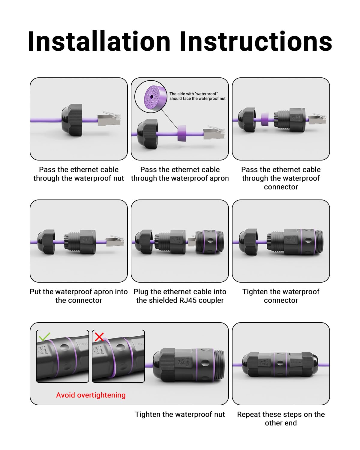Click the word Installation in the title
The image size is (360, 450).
99,41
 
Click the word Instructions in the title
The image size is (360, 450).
256,41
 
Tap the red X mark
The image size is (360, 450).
99,337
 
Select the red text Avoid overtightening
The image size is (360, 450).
91,395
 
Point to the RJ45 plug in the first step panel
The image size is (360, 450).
109,119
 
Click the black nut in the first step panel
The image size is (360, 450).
72,120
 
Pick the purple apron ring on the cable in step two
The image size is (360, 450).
181,133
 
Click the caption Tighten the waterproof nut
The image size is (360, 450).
180,414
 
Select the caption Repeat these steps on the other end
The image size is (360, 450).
281,418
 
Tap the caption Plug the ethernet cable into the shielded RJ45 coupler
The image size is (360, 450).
180,296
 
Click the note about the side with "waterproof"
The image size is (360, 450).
197,96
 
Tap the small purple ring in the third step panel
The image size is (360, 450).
265,119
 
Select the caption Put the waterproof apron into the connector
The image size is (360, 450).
79,296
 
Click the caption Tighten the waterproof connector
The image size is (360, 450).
281,296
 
